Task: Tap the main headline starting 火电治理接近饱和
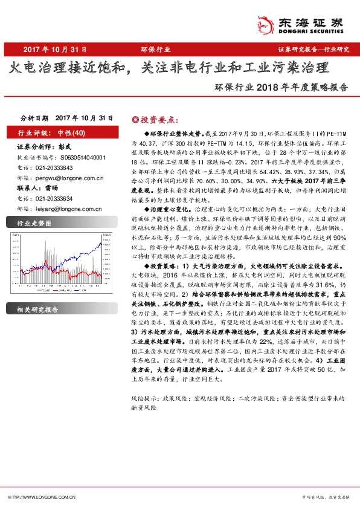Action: tap(169, 67)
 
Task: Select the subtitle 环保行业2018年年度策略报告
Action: tap(281, 86)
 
